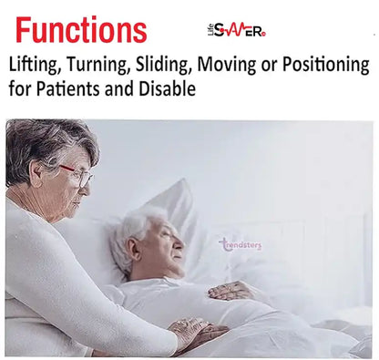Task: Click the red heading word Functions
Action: [x=80, y=31]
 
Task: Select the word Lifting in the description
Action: [x=36, y=66]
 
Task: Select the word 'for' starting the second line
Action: [x=21, y=91]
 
